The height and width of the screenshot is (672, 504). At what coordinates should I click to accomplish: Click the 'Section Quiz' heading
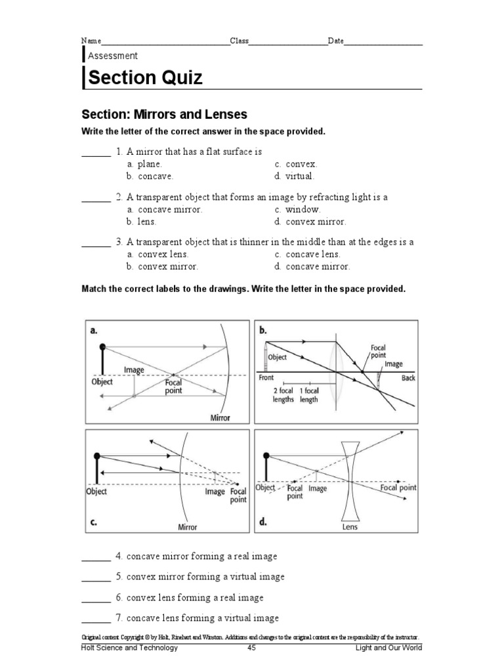click(145, 78)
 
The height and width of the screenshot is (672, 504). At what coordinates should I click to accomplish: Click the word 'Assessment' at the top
click(113, 56)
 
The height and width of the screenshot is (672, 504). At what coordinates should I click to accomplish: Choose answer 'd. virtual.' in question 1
click(295, 176)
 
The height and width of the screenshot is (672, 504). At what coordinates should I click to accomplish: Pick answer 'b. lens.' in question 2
click(142, 222)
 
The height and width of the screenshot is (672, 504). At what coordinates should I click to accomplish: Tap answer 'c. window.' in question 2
click(298, 209)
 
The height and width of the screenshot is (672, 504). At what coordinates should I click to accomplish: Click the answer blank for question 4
click(96, 557)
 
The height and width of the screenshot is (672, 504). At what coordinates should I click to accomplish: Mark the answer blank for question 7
click(96, 619)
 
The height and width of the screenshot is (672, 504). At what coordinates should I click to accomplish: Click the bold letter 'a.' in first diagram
click(94, 331)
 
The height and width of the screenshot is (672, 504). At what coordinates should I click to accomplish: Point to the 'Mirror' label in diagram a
click(219, 417)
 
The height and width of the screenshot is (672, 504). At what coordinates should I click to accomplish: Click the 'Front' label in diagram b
click(266, 379)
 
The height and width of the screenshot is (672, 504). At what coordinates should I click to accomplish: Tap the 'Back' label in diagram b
click(408, 379)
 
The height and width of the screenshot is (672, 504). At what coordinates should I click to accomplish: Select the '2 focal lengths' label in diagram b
click(283, 395)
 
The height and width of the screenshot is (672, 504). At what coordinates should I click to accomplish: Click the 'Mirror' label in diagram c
click(187, 526)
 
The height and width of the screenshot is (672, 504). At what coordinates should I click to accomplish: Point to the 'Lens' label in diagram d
click(350, 526)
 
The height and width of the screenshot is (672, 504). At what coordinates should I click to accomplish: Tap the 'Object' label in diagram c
click(96, 491)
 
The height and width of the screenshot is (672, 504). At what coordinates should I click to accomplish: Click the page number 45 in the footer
click(251, 648)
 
